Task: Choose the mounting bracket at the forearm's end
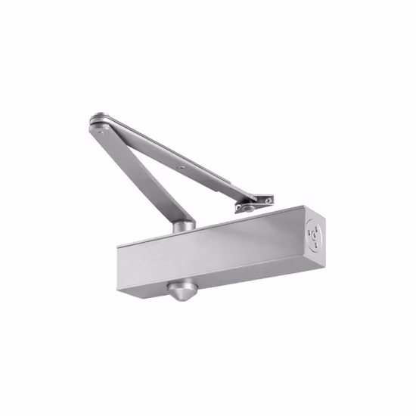253,203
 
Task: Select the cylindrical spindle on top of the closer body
182,225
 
